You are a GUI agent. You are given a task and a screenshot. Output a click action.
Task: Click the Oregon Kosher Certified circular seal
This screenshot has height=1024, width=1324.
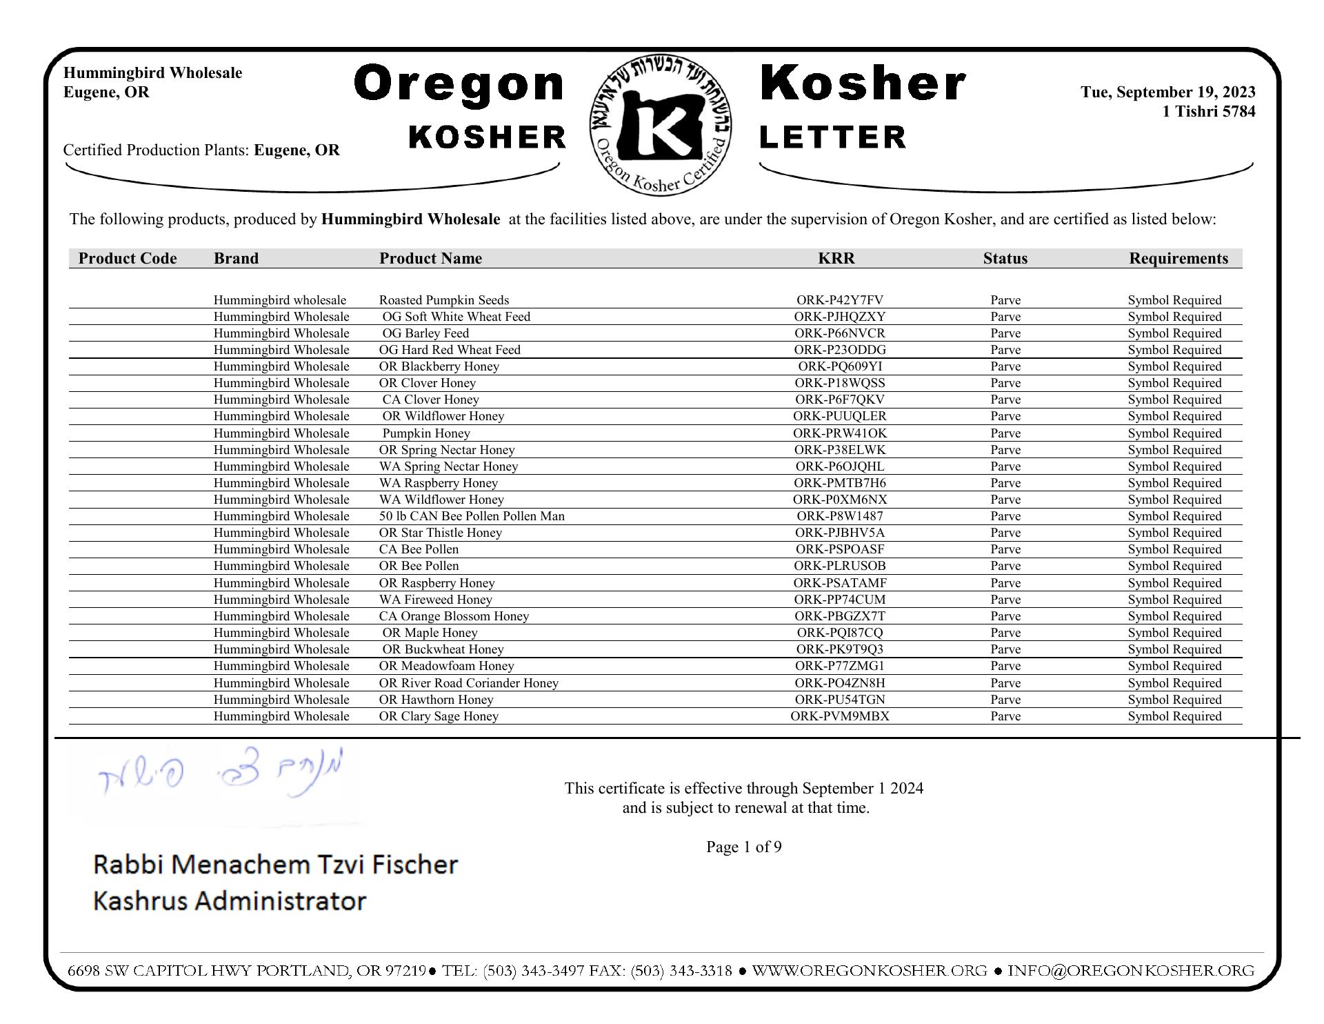click(x=661, y=125)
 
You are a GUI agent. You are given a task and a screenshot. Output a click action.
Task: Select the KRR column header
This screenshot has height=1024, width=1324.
click(x=836, y=258)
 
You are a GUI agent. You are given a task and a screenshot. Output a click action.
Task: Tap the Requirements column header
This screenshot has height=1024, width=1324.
click(x=1178, y=258)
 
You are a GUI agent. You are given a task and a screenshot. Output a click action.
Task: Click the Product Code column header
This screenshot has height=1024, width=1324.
click(x=128, y=258)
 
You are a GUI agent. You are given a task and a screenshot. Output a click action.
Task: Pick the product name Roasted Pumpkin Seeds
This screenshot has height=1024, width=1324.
click(x=444, y=300)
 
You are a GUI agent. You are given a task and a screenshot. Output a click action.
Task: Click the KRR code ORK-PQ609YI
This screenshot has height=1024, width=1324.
click(x=839, y=366)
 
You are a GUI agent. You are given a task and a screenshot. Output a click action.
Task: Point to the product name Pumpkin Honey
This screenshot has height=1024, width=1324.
click(x=426, y=433)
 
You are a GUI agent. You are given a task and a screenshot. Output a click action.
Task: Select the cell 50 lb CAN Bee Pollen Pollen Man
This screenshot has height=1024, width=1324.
click(x=472, y=516)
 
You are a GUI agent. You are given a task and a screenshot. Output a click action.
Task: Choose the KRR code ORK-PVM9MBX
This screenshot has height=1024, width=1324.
click(x=839, y=716)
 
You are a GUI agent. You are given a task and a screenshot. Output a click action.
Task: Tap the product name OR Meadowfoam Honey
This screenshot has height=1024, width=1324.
click(x=446, y=666)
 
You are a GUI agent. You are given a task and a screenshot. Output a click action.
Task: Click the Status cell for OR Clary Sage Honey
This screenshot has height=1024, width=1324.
click(x=1005, y=716)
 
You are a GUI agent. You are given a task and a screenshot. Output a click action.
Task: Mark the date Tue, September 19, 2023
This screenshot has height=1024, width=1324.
click(x=1167, y=92)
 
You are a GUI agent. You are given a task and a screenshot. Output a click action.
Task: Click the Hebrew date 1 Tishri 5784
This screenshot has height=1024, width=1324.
click(x=1208, y=112)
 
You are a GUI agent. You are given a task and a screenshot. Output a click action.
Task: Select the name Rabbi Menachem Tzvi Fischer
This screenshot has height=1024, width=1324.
click(x=275, y=865)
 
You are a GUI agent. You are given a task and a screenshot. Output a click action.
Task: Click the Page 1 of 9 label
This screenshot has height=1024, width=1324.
click(x=743, y=847)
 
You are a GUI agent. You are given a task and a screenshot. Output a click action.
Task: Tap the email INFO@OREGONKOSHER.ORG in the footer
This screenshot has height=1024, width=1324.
click(x=1130, y=971)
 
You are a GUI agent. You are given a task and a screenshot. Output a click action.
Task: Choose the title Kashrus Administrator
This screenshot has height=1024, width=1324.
click(x=229, y=901)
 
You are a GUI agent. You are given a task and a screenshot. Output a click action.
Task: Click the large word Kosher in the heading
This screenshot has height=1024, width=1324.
click(x=863, y=84)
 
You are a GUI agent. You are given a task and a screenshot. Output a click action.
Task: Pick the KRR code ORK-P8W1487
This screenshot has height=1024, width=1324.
click(x=839, y=516)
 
